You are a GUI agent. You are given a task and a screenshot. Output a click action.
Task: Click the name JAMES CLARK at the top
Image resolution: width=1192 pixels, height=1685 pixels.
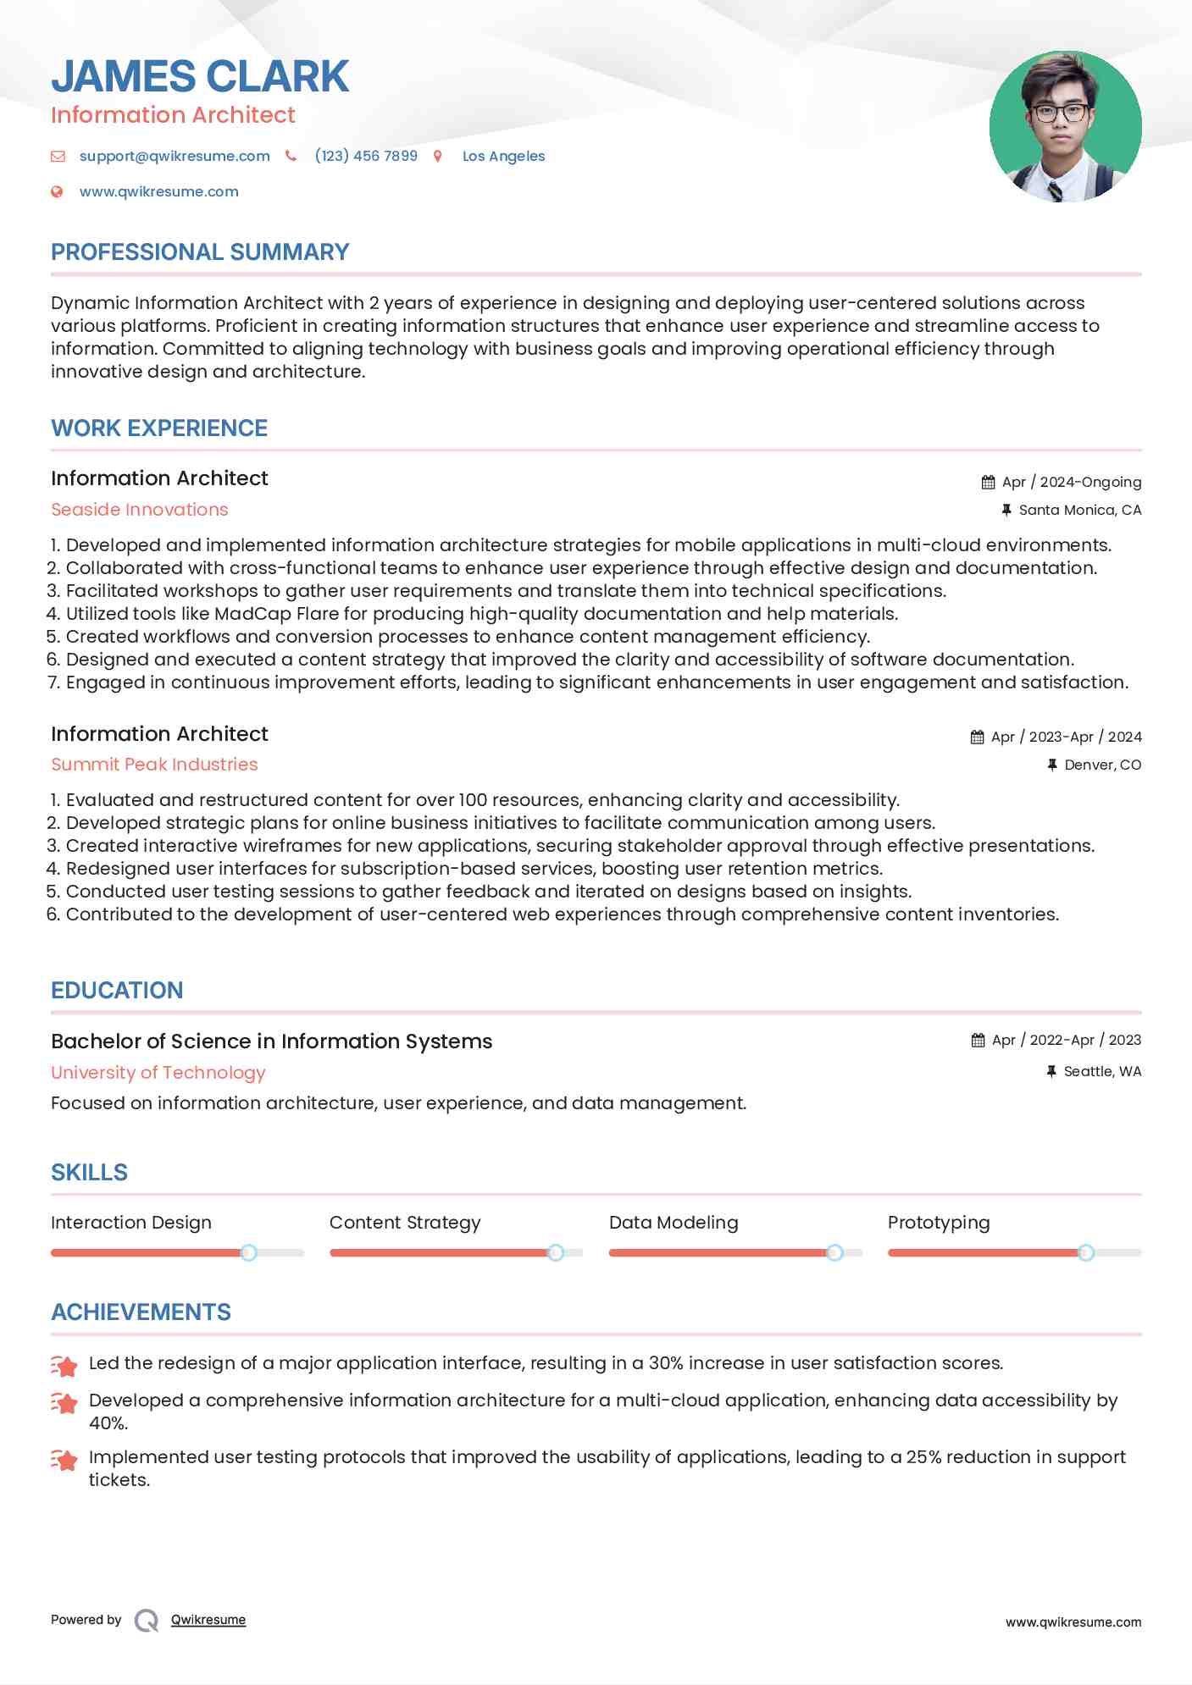(200, 76)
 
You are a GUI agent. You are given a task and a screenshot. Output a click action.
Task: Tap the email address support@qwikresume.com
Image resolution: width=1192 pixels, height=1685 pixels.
(175, 156)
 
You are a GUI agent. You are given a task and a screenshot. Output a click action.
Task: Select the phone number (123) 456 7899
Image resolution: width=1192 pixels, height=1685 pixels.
(366, 156)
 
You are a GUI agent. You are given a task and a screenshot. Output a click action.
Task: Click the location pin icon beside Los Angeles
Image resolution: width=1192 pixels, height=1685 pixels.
(438, 156)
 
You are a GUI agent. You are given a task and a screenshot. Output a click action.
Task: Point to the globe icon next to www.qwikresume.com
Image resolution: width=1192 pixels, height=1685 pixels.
(57, 191)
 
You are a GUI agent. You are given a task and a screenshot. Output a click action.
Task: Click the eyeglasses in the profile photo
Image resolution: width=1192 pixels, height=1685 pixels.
(1060, 112)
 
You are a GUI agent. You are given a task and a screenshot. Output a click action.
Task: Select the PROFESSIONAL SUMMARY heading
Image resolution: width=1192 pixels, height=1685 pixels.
(200, 252)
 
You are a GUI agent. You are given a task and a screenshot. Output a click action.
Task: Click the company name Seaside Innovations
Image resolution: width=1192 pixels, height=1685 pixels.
(140, 510)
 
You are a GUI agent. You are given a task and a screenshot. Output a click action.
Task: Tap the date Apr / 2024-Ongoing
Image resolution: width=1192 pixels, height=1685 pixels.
(1071, 482)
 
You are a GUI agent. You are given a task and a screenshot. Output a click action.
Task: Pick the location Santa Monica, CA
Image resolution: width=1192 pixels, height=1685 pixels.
(1079, 510)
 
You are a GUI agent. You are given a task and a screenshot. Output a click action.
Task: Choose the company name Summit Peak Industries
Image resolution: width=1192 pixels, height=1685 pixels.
(154, 765)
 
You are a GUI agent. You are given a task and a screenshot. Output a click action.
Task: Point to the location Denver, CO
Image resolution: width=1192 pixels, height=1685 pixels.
(1102, 765)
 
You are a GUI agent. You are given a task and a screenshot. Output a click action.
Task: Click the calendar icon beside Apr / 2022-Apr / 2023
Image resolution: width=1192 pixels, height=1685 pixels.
(979, 1040)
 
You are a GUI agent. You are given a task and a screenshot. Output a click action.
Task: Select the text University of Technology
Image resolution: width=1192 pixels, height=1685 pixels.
(158, 1073)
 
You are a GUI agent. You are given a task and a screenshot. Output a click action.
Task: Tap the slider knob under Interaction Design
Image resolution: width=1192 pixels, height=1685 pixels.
(248, 1252)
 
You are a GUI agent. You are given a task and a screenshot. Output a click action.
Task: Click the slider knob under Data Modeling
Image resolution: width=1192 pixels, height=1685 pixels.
(834, 1252)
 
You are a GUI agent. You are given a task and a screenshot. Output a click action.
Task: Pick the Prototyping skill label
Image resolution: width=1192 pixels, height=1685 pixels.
(939, 1223)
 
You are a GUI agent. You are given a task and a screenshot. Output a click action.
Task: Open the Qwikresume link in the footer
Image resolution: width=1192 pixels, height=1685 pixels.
(208, 1620)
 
